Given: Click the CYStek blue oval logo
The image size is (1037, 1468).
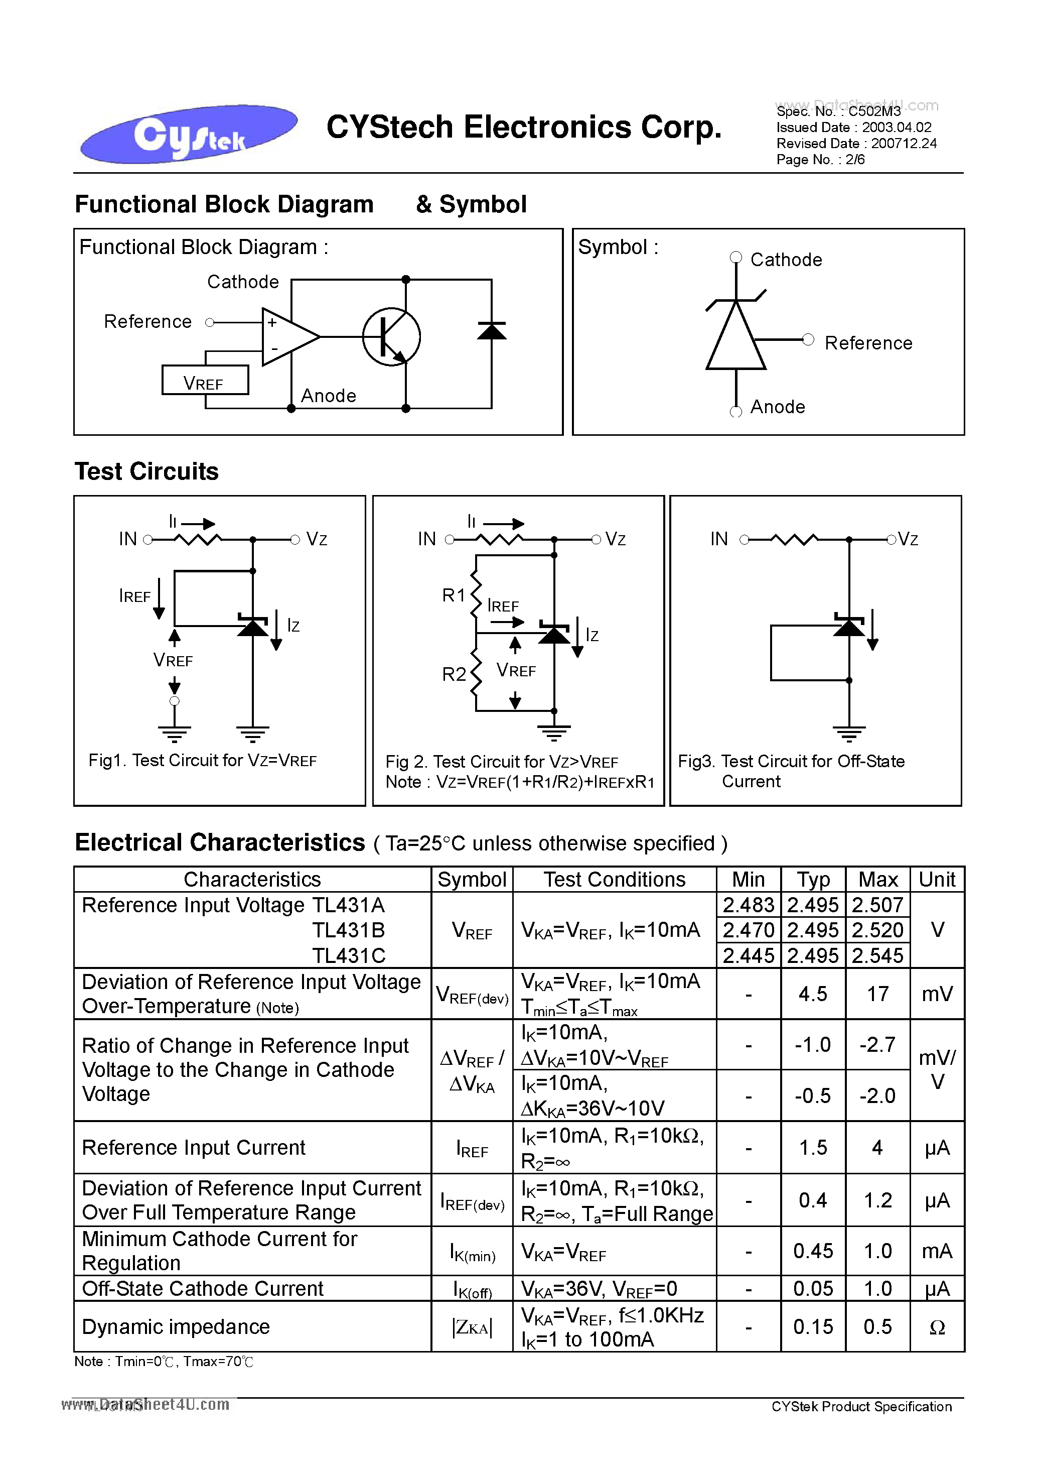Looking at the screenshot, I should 189,134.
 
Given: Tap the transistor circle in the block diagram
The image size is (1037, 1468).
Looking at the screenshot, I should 391,337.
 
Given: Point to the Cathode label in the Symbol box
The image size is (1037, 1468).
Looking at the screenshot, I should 785,260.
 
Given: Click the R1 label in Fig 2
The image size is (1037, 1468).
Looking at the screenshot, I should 454,595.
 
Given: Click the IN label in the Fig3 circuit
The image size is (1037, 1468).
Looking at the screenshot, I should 719,539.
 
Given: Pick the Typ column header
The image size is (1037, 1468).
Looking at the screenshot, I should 813,880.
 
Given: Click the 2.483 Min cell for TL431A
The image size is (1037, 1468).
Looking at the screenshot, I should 748,905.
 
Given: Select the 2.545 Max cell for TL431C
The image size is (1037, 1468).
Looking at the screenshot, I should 877,956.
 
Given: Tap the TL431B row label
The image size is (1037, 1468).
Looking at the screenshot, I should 348,930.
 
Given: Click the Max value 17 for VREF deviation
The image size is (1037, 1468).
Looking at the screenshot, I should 877,994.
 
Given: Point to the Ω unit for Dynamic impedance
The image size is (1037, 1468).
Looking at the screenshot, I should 937,1327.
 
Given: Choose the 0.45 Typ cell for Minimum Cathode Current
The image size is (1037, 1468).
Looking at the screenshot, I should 813,1251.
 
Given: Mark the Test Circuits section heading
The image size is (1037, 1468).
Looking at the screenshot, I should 146,472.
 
